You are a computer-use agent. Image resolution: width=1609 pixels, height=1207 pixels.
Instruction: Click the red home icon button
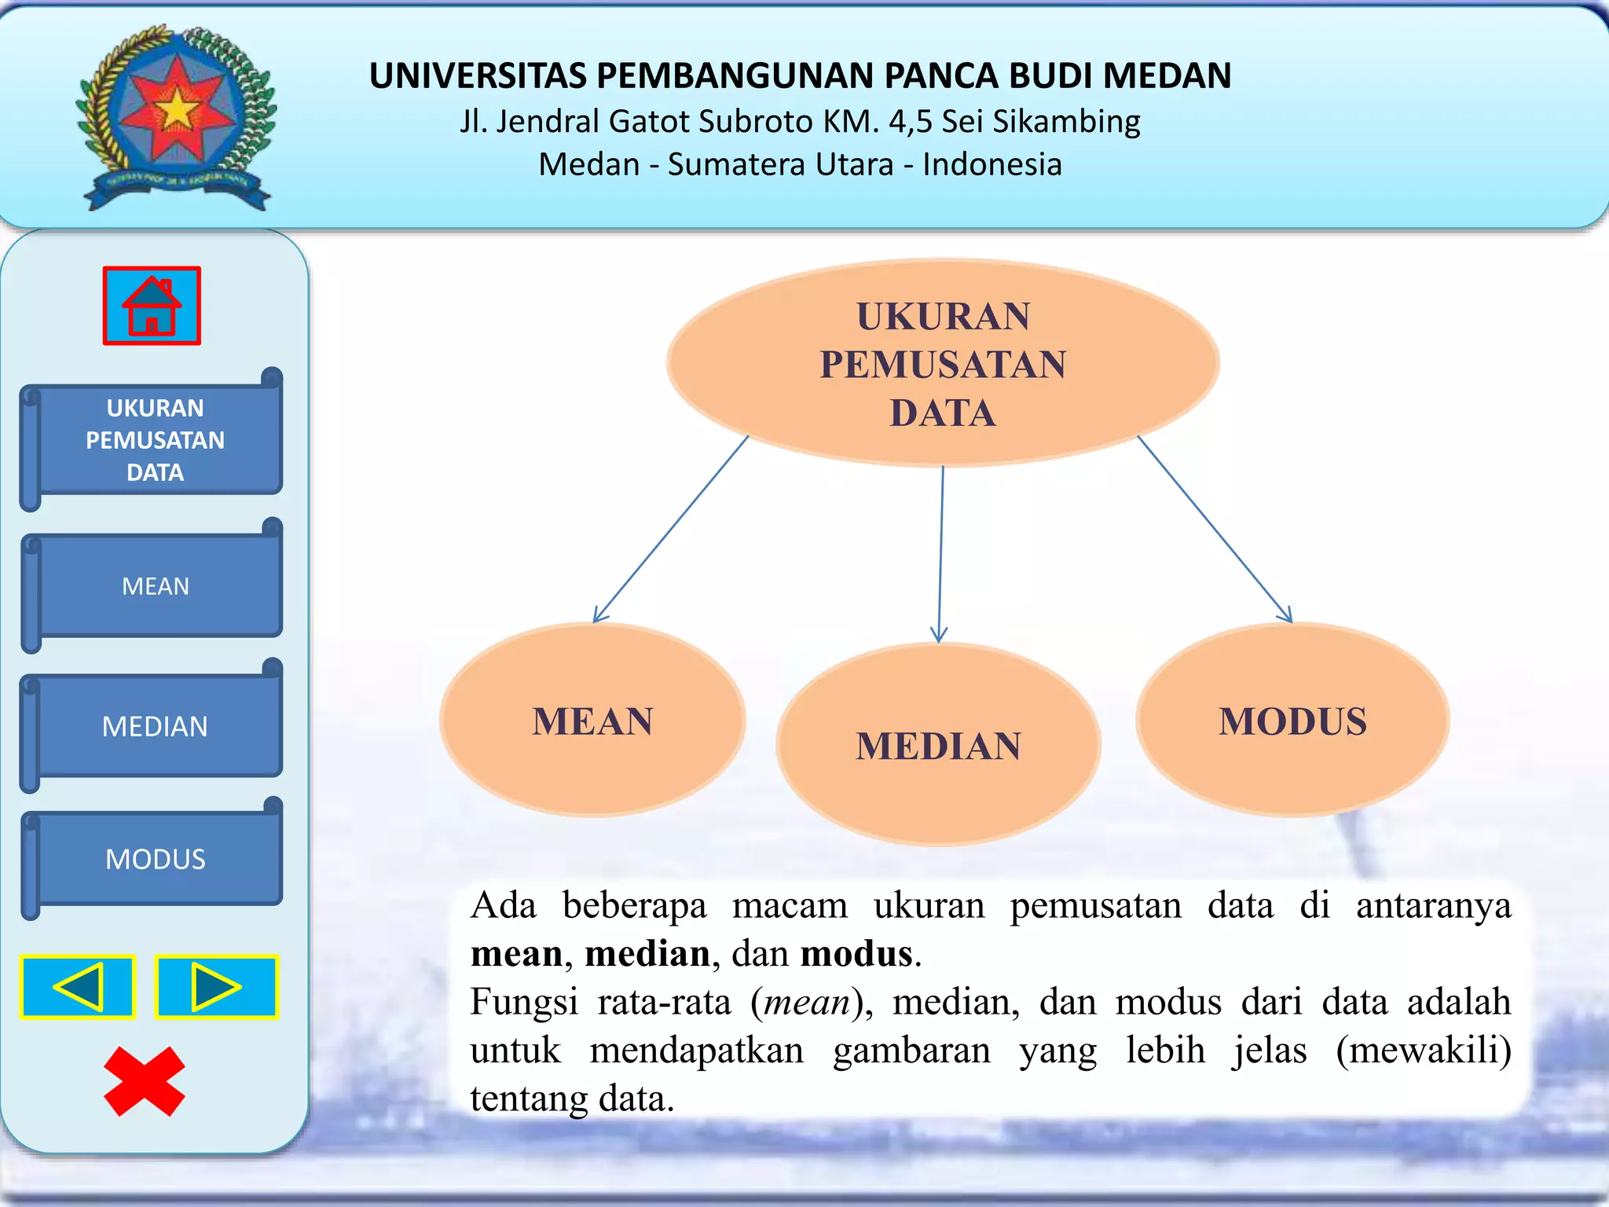point(152,306)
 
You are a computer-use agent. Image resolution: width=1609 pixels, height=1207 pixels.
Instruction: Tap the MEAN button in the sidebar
point(156,586)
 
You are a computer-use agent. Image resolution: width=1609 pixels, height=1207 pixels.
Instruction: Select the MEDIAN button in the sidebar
point(156,726)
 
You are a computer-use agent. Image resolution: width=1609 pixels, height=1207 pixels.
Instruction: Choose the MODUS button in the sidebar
point(156,859)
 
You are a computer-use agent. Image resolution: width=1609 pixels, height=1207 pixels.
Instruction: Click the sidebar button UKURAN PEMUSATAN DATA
point(156,440)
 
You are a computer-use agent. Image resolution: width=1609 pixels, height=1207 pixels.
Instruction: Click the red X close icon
point(145,1081)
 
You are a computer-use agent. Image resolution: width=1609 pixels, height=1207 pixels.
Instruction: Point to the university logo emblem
point(177,116)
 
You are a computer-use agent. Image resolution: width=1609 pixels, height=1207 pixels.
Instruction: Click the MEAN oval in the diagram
point(592,721)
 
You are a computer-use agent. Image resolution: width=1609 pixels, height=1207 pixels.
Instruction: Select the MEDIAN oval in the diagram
point(938,745)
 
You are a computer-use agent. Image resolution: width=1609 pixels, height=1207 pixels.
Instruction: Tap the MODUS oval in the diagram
point(1292,721)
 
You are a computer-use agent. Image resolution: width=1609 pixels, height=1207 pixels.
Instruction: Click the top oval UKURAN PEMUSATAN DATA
point(943,364)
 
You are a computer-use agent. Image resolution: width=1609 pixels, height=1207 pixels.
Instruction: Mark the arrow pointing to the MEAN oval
point(672,530)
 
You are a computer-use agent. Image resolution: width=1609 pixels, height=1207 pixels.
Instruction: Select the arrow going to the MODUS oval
point(1215,530)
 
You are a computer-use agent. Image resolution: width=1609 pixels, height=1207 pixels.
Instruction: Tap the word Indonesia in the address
point(992,165)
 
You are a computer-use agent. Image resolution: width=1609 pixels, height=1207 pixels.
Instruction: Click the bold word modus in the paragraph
point(856,954)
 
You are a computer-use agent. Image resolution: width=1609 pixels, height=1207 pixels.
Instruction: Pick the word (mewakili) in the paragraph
point(1423,1050)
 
